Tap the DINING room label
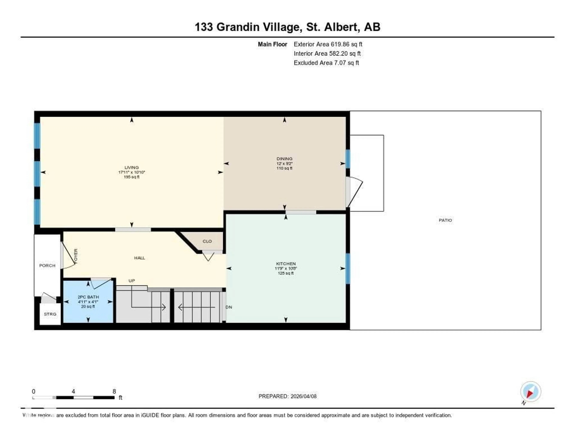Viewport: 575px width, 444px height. (284, 159)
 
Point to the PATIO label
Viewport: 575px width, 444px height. (445, 220)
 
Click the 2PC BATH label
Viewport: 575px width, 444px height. (88, 297)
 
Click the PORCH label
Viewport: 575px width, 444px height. (47, 266)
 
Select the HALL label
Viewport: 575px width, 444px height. (140, 258)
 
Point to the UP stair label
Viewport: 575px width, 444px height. (132, 281)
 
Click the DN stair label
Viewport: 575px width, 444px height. (229, 307)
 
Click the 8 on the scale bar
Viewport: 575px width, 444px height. (114, 391)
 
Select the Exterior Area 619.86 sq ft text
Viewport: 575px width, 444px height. (328, 44)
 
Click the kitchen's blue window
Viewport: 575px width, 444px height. (348, 268)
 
